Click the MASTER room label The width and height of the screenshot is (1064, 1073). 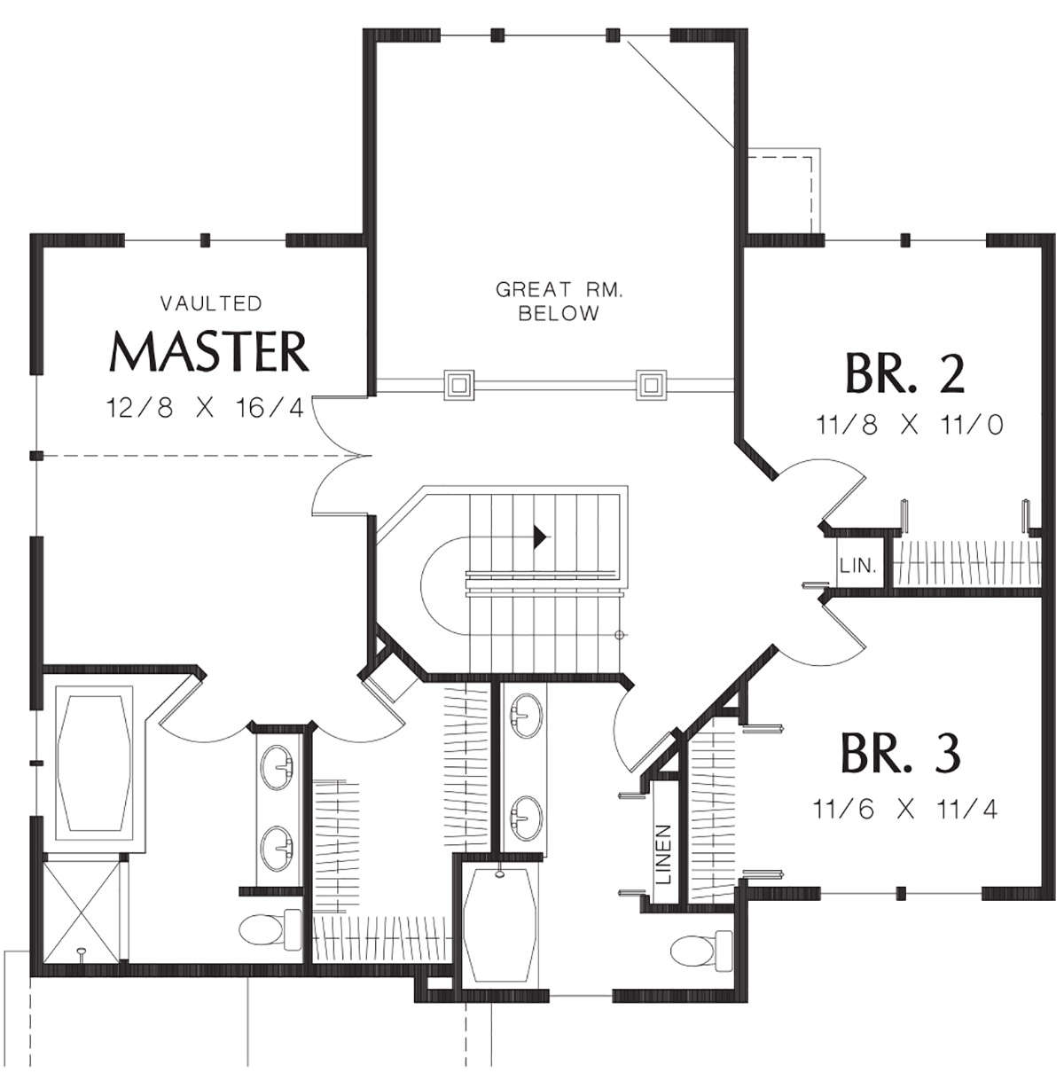point(209,352)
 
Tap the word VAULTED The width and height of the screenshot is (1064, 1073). point(211,303)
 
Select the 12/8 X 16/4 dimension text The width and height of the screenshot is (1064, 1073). point(206,409)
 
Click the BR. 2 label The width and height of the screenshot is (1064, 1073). point(904,373)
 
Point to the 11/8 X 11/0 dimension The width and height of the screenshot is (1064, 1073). point(910,426)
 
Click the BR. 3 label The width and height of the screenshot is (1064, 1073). point(900,753)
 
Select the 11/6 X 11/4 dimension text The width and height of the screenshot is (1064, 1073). point(905,809)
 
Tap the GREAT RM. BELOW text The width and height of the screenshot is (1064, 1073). point(559,302)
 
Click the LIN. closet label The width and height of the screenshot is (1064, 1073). point(858,567)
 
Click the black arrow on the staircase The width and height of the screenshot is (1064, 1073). point(539,536)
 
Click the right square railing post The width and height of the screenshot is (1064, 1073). point(651,384)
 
